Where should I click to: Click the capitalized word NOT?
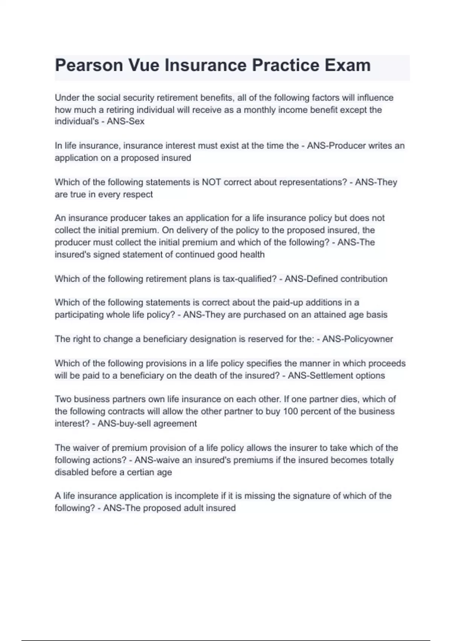pos(211,182)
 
